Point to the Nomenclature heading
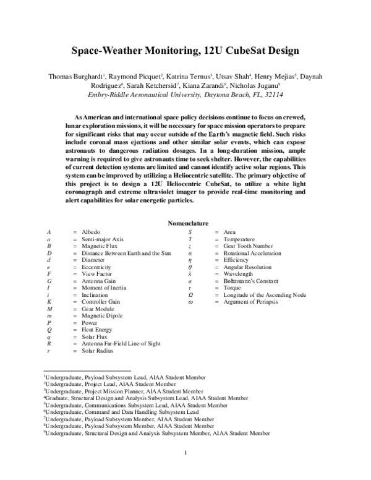188,223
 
